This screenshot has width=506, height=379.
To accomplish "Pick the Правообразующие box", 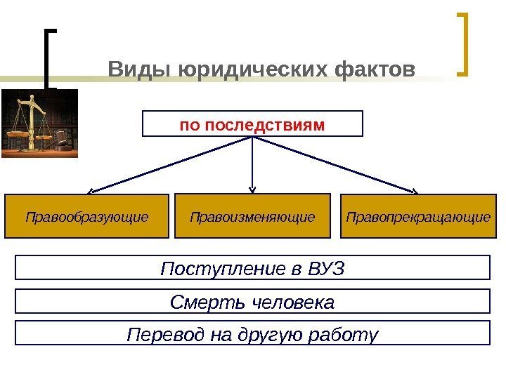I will pos(87,216).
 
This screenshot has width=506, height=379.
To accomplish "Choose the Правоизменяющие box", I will pos(252,216).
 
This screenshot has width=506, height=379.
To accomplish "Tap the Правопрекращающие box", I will pos(418,216).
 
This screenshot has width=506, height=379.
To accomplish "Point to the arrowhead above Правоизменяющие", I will pos(253,188).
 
